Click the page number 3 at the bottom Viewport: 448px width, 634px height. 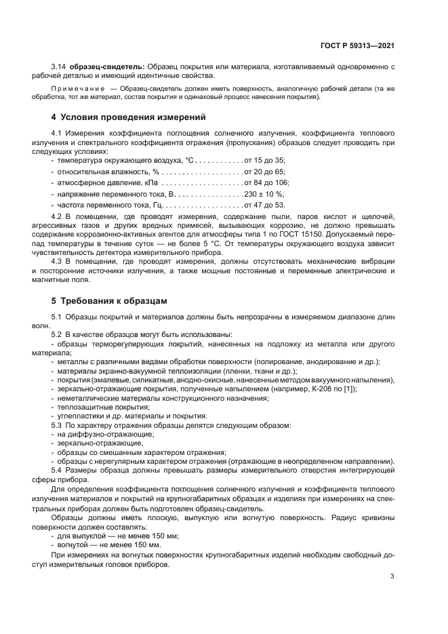(x=392, y=576)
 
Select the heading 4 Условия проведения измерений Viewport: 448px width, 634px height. (x=129, y=117)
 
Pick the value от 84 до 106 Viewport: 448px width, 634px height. (x=267, y=183)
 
